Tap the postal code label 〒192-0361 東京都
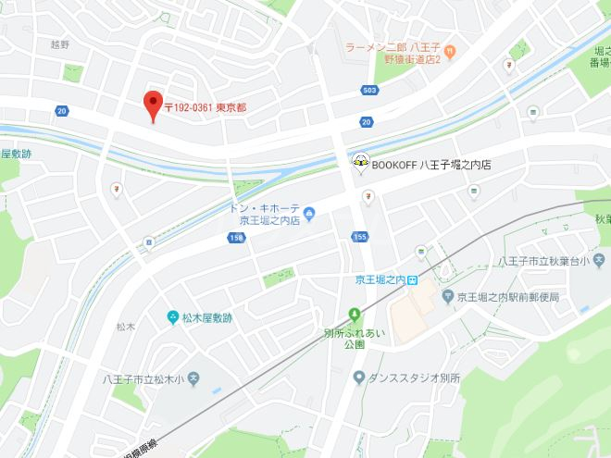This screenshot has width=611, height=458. tap(206, 106)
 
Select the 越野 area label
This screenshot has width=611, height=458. tap(60, 43)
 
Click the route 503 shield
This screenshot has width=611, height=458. tap(370, 90)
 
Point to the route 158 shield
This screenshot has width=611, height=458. tap(237, 238)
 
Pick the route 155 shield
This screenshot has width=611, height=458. tap(360, 238)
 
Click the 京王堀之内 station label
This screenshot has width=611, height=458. tap(380, 279)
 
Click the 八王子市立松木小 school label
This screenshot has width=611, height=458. tap(140, 378)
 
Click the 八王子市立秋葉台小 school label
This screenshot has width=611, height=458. tap(546, 263)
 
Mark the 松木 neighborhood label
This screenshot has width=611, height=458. tap(126, 327)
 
